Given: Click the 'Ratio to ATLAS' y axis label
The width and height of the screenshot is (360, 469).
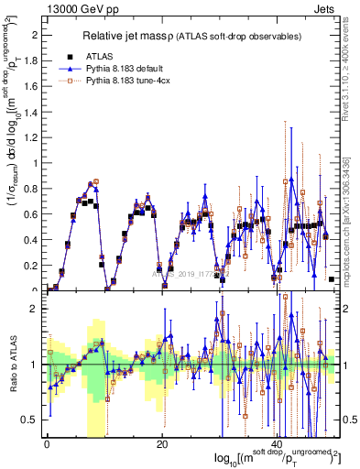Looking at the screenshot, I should point(12,365).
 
